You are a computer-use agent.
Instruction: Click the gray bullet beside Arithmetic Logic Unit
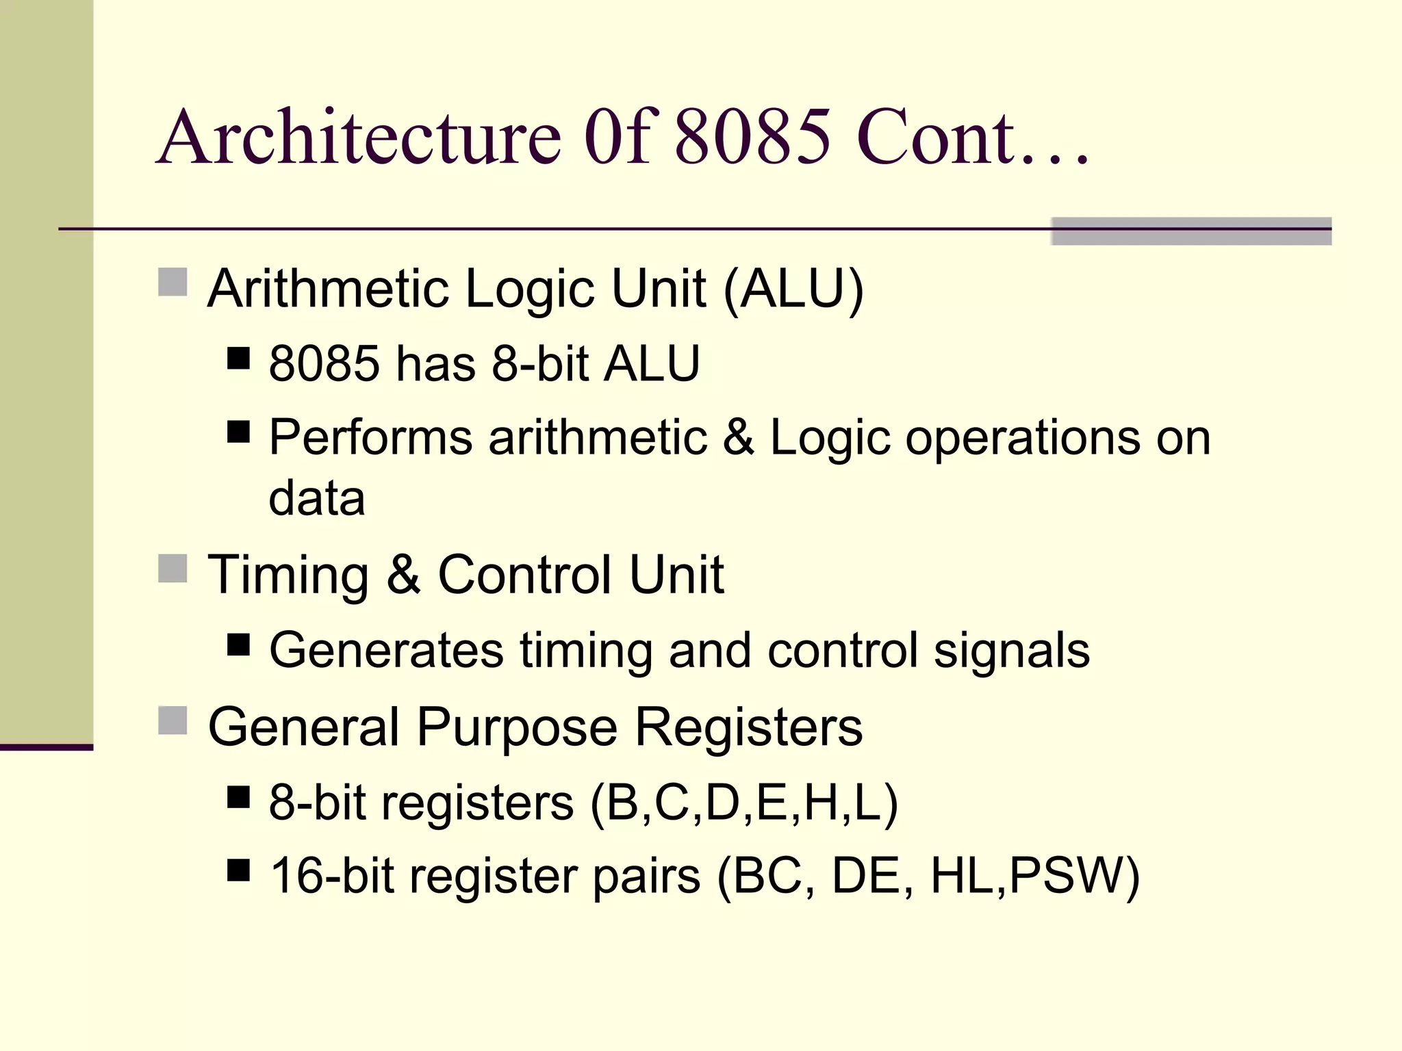tap(173, 282)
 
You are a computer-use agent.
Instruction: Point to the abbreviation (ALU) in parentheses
tap(793, 289)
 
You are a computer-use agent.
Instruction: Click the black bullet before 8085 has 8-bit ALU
tap(238, 358)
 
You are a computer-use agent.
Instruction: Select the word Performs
tap(370, 438)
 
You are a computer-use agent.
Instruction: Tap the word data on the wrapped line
tap(317, 498)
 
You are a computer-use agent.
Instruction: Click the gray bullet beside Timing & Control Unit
tap(173, 568)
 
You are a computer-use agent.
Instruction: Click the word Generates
tap(386, 650)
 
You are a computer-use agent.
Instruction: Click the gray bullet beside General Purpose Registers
tap(173, 720)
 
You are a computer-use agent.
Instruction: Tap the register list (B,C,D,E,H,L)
tap(743, 803)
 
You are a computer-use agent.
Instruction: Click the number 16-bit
tap(332, 876)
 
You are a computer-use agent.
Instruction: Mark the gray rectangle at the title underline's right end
tap(1190, 231)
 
